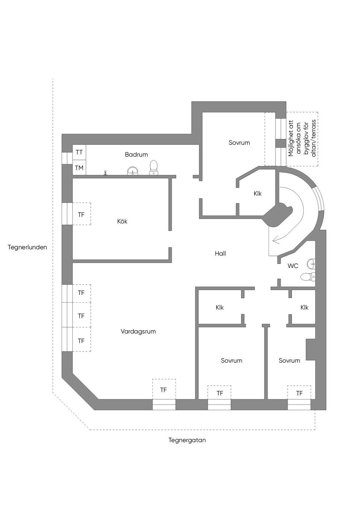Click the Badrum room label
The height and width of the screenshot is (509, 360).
tap(136, 155)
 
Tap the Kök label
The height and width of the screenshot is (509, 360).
tap(122, 221)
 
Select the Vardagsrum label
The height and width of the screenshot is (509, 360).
tap(138, 331)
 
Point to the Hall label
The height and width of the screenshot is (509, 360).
tap(220, 253)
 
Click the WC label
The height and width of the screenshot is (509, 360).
tap(293, 266)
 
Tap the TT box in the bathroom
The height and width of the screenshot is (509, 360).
tap(79, 152)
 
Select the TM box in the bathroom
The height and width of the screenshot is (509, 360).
tap(79, 168)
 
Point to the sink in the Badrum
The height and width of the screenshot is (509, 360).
tap(132, 171)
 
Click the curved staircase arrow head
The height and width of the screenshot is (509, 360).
tap(276, 240)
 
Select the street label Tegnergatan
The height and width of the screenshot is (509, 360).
tap(187, 440)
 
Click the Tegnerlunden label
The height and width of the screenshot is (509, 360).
tap(27, 247)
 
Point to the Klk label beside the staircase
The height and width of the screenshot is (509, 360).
tap(258, 194)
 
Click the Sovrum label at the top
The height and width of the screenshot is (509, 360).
tap(239, 143)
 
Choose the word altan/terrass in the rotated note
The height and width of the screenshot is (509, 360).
tap(314, 138)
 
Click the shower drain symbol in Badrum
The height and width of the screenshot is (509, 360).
tap(105, 173)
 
